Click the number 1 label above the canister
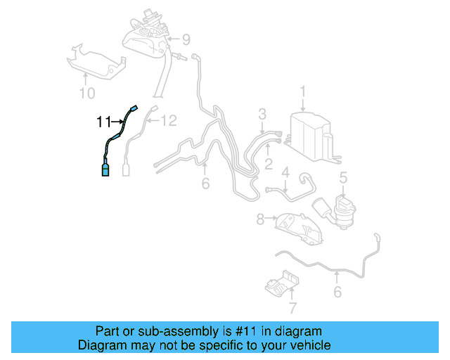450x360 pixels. [x=303, y=91]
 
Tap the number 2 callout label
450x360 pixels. [x=268, y=165]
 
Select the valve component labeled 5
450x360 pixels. [x=343, y=211]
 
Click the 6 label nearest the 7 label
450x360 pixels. [x=337, y=290]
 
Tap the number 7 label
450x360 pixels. [x=293, y=307]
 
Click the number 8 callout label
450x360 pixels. [x=260, y=219]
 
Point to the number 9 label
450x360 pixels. [x=186, y=38]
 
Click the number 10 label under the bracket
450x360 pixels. [x=86, y=92]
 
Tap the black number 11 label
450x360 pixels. [x=103, y=122]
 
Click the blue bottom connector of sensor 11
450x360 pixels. [x=105, y=171]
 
